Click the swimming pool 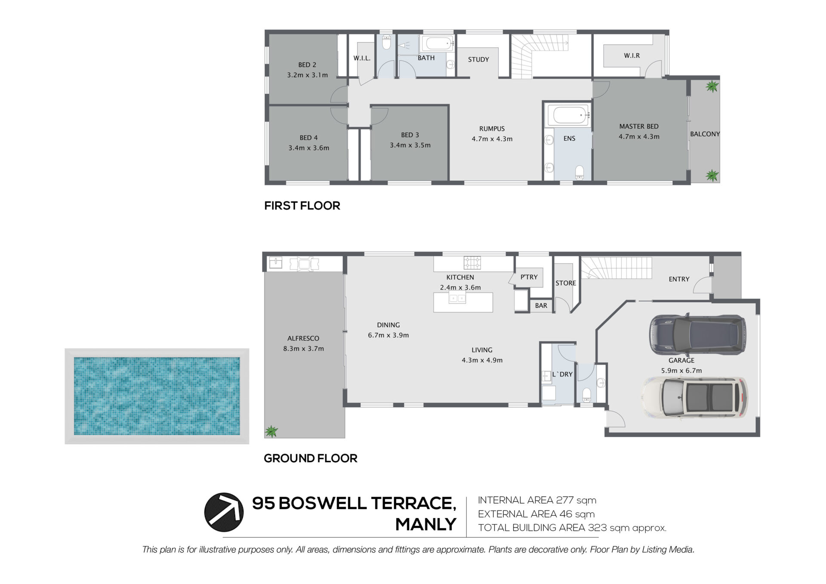[x=157, y=396]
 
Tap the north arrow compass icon [x=224, y=512]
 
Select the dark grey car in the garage [x=697, y=335]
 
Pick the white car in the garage [x=695, y=397]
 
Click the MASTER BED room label [x=639, y=127]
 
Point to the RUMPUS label [x=492, y=129]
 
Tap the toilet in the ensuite [x=579, y=172]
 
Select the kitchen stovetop [x=472, y=262]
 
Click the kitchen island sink [x=457, y=297]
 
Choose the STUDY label [x=478, y=59]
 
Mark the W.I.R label [x=632, y=56]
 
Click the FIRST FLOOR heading [x=302, y=206]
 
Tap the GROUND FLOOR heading [x=310, y=458]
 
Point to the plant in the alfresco [x=271, y=431]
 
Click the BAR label [x=541, y=306]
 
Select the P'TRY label [x=529, y=277]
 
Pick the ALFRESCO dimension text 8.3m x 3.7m [x=303, y=349]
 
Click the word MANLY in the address [x=425, y=524]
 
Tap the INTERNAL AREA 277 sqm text [x=537, y=500]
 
